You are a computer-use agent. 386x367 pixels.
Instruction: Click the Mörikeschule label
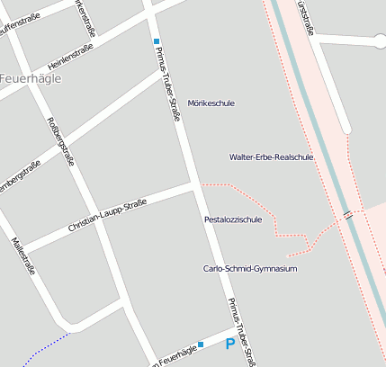[x=211, y=103]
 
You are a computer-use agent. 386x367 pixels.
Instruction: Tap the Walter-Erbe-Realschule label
[x=271, y=157]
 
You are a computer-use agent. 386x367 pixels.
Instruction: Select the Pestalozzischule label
[x=233, y=219]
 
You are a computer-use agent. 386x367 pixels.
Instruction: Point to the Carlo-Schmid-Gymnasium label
[x=249, y=268]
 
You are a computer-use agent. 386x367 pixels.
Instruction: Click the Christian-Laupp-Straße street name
[x=107, y=218]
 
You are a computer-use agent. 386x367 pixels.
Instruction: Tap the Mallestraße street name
[x=23, y=254]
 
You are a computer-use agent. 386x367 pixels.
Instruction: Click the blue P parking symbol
[x=230, y=344]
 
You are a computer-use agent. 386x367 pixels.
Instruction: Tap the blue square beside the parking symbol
[x=201, y=344]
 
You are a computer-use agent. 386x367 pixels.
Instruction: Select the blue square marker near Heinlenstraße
[x=156, y=41]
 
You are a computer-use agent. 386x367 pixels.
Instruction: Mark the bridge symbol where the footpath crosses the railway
[x=347, y=215]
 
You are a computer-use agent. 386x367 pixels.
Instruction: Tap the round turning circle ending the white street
[x=380, y=40]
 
